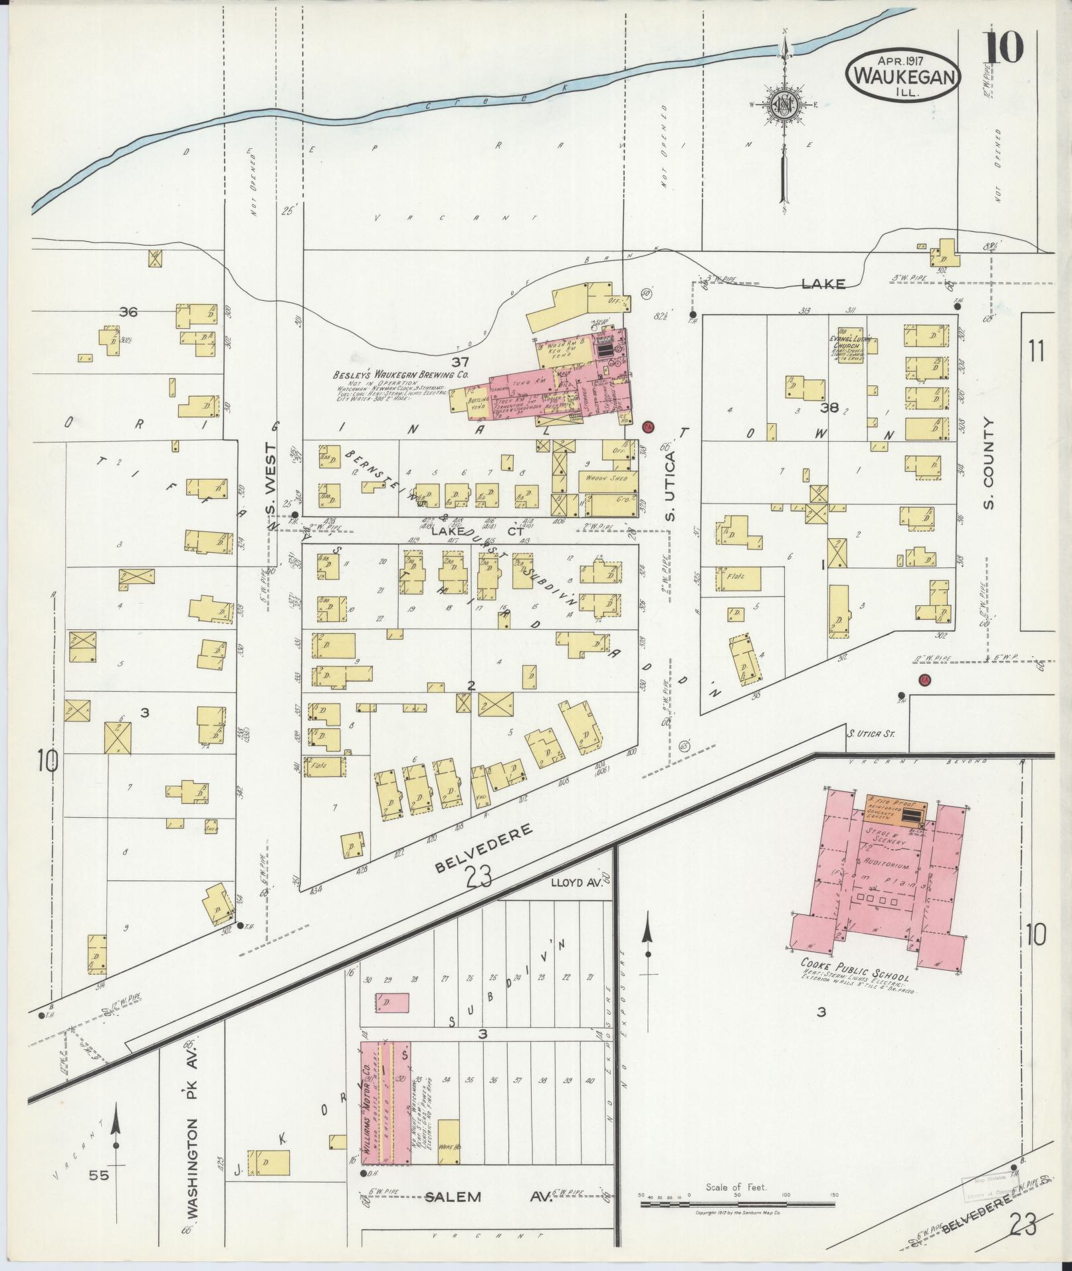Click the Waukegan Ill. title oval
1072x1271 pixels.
click(903, 75)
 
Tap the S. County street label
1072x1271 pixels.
click(989, 463)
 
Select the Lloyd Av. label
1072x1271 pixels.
click(576, 884)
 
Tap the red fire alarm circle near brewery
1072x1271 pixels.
click(649, 427)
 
